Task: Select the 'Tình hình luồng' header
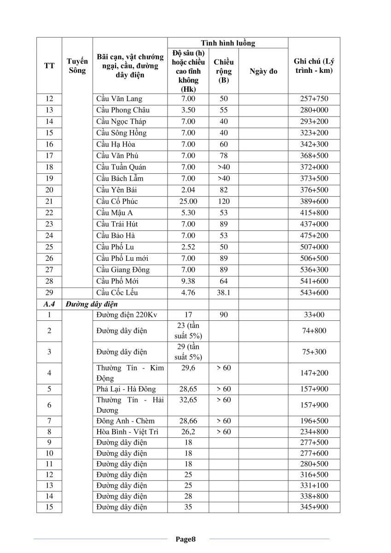[x=228, y=43]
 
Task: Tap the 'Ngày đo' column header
[x=263, y=71]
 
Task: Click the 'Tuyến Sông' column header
[x=77, y=66]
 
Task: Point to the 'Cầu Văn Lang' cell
[x=119, y=99]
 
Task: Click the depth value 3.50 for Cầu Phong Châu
[x=188, y=110]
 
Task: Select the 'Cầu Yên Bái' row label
[x=117, y=190]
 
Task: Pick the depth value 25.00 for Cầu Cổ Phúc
[x=188, y=201]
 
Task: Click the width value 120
[x=223, y=201]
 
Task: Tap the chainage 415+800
[x=313, y=213]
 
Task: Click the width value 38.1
[x=223, y=293]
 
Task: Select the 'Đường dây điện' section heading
[x=91, y=304]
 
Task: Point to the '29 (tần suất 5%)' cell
[x=188, y=352]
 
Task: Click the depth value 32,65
[x=188, y=400]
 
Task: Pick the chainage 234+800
[x=313, y=432]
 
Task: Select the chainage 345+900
[x=313, y=507]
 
